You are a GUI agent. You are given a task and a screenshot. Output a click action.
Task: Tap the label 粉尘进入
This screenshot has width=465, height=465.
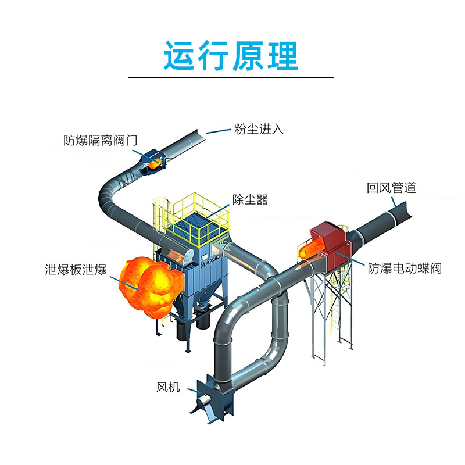coord(259,129)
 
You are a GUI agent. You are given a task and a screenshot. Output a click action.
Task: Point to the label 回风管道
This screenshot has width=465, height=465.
coord(391,188)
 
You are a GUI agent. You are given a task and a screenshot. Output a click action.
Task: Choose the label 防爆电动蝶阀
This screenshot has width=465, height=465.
coord(405,269)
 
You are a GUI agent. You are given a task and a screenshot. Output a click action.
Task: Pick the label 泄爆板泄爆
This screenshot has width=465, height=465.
coord(76,270)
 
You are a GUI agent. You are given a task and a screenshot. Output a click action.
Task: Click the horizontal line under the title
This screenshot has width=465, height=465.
coord(231,77)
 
